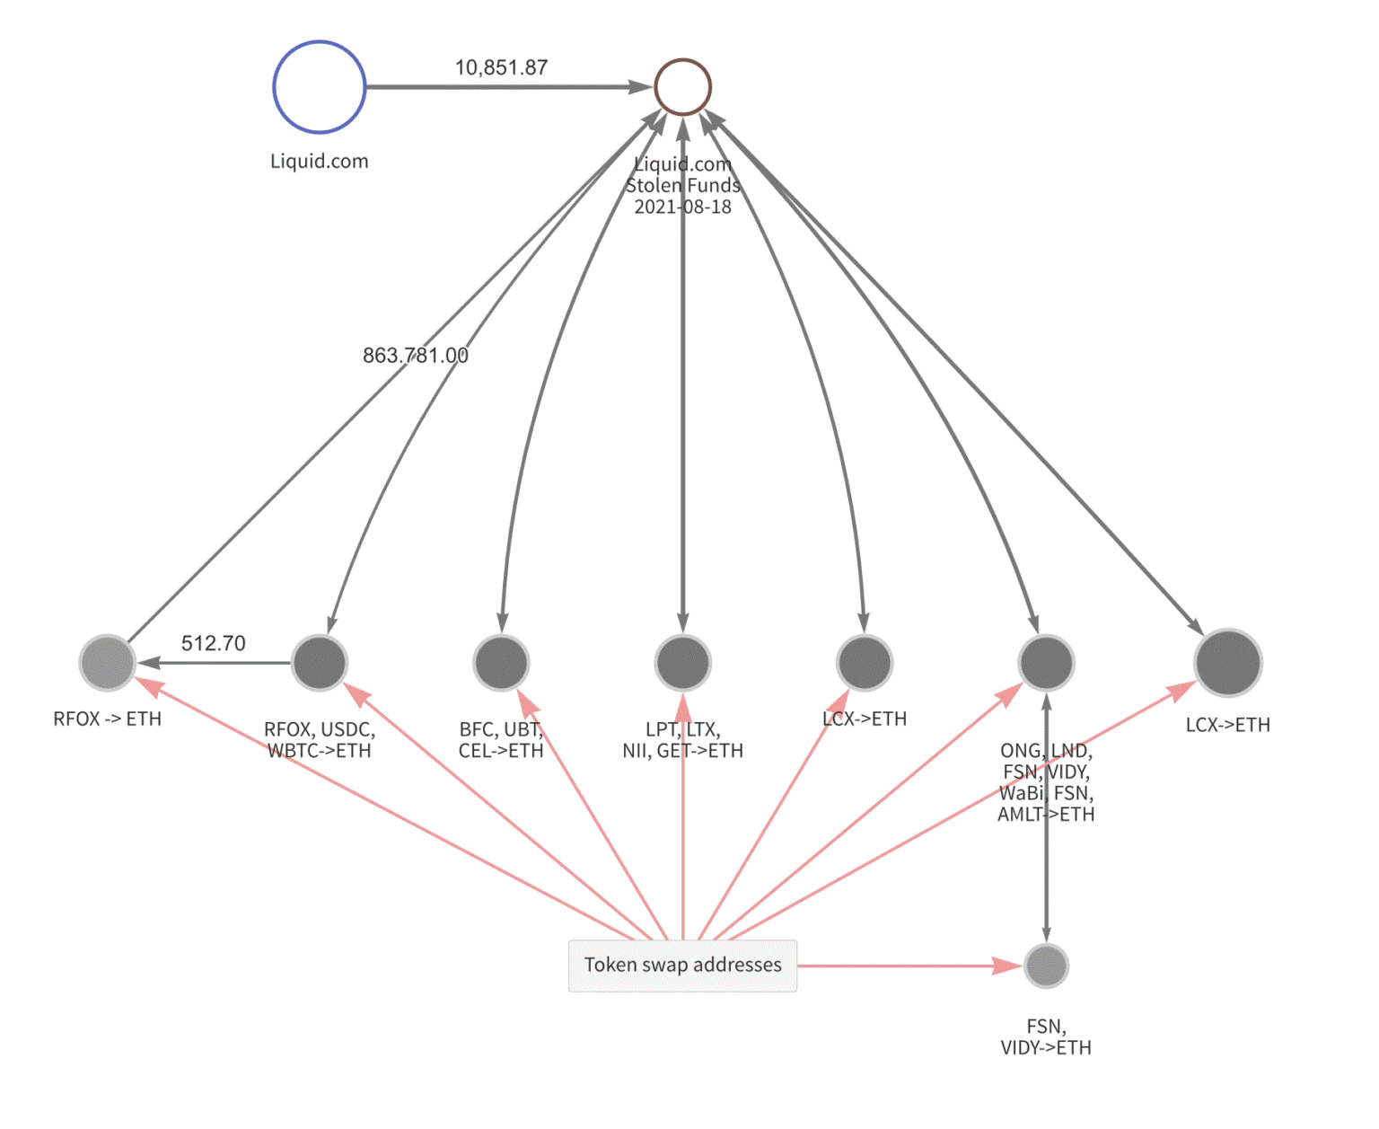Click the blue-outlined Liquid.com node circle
point(319,87)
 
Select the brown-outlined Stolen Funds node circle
point(682,87)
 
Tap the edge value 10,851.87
point(501,67)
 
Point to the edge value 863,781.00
point(415,356)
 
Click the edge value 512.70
point(213,643)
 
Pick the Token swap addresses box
point(682,966)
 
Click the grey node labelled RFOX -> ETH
point(108,663)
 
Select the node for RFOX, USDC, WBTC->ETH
point(319,663)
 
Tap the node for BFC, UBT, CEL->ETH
point(501,663)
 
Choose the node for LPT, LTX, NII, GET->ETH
point(682,663)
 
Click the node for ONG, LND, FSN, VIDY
point(1046,663)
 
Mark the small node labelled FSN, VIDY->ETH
point(1046,966)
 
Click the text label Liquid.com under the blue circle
point(319,162)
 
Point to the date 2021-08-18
point(682,207)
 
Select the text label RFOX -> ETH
point(108,719)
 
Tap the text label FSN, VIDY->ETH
point(1046,1037)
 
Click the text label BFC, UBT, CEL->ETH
point(501,740)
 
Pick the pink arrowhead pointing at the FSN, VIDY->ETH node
point(1008,966)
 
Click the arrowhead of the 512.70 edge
point(149,663)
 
